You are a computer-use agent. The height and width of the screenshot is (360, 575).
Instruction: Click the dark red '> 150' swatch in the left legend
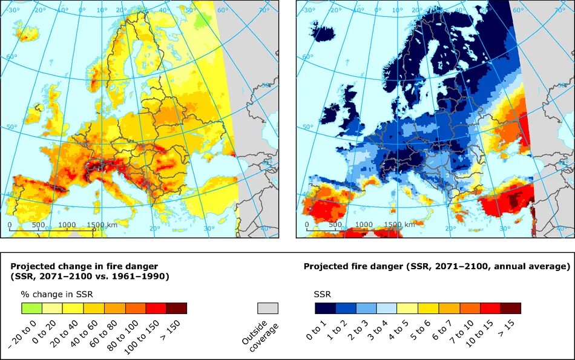coord(176,308)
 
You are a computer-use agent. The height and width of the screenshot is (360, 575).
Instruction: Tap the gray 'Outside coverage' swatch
coord(268,308)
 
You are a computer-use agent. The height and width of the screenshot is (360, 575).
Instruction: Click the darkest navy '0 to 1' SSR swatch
coord(325,308)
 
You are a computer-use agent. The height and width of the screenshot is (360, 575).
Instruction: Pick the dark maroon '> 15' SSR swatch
coord(510,308)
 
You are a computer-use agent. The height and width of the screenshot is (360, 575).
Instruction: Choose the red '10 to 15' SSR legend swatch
coord(490,308)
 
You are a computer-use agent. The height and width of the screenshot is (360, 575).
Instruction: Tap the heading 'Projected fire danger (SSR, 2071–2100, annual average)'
coord(436,266)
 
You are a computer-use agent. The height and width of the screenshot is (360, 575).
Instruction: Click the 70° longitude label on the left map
coord(264,10)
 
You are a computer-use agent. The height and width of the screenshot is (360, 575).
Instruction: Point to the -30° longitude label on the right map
coord(308,10)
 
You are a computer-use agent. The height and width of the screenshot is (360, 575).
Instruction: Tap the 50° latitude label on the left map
coord(12,128)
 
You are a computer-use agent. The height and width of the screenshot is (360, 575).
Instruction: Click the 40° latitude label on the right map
coord(307,194)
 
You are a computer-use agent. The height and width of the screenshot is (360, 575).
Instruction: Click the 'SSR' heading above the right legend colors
coord(322,293)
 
